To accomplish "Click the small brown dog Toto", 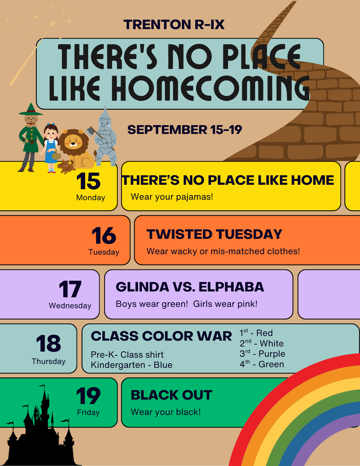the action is [x=66, y=166].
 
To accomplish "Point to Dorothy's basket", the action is [x=56, y=155].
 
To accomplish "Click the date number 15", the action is [x=88, y=181].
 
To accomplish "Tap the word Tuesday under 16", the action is [x=104, y=252].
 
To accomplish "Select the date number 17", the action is [x=70, y=289].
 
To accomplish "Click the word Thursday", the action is [x=48, y=361].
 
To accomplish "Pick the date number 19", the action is [x=88, y=396].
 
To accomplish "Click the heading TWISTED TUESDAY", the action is [x=214, y=234].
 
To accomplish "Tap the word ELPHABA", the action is [x=231, y=287].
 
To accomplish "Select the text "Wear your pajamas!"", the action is [x=172, y=197].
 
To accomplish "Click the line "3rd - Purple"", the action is [x=262, y=354].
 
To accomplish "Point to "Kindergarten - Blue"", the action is [x=132, y=365].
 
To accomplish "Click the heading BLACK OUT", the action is [x=172, y=395].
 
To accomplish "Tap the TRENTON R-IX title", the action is [x=174, y=25].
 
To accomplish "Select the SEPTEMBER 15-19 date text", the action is [x=185, y=130].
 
